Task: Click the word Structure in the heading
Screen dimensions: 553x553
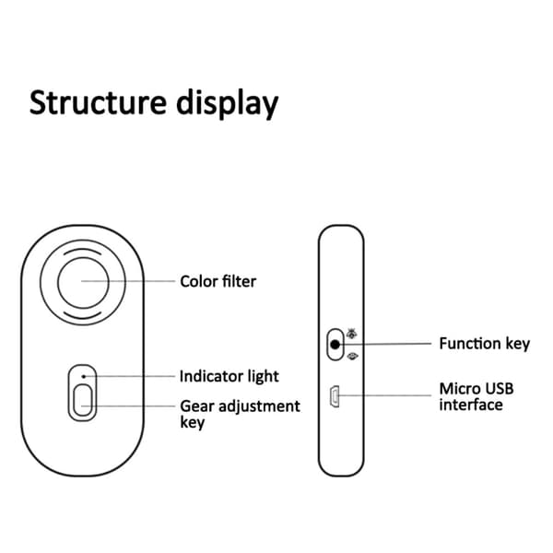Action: [98, 102]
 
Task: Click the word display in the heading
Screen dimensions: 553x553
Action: [228, 104]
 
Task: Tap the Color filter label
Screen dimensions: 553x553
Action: [218, 281]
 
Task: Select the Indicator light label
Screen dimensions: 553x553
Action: [229, 376]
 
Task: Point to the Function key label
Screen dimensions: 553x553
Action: [484, 344]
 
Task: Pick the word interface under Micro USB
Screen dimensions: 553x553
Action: [471, 405]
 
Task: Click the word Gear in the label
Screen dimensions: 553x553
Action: [197, 406]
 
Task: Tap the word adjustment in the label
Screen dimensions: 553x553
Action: [259, 407]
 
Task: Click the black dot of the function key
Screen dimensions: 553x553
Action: [335, 344]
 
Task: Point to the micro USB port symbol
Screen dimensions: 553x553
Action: [335, 396]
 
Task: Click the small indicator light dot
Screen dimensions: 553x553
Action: [84, 376]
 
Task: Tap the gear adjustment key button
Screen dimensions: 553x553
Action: [83, 400]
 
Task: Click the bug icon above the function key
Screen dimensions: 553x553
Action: [351, 333]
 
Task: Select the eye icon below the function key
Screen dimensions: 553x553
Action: [352, 356]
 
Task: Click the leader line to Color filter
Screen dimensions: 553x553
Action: [128, 281]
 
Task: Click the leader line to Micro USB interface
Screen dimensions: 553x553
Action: [384, 395]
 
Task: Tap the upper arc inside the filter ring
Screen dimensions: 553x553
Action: [83, 250]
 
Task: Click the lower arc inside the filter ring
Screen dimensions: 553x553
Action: [83, 317]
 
